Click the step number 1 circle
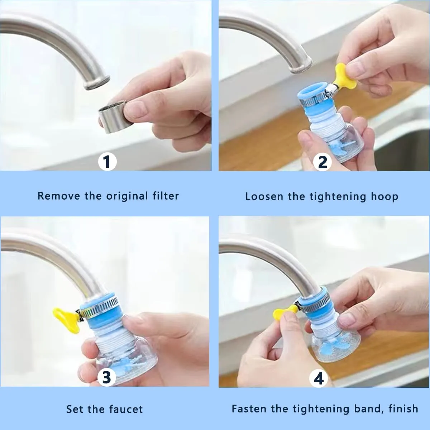point(107,162)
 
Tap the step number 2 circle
point(322,162)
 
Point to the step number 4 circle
point(319,378)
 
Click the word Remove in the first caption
point(59,196)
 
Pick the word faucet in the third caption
point(126,409)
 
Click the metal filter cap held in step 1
point(113,117)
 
